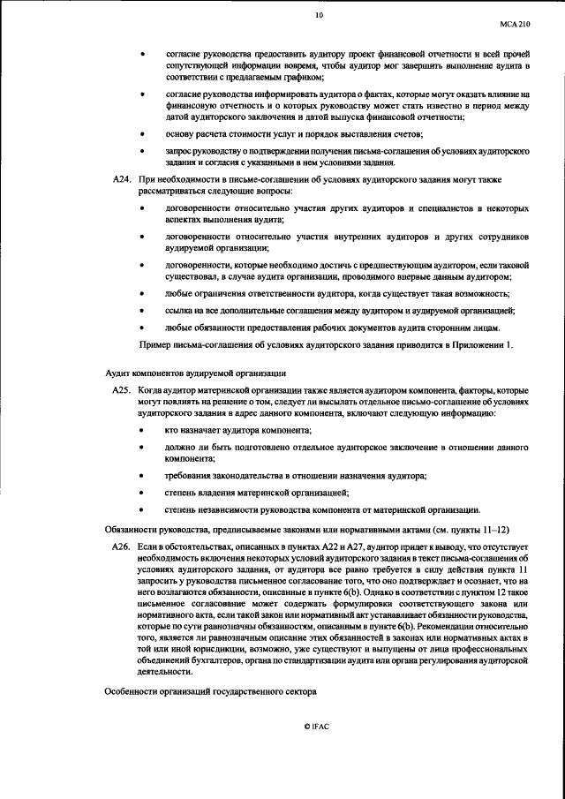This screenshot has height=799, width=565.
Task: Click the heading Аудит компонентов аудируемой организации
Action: click(x=182, y=372)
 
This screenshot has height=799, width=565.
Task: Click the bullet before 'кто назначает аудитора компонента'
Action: click(x=143, y=429)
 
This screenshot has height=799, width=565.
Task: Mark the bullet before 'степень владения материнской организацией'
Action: click(x=143, y=492)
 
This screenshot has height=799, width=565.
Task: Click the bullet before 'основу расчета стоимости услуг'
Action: click(x=143, y=134)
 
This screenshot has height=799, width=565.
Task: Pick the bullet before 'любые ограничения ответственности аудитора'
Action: click(x=143, y=293)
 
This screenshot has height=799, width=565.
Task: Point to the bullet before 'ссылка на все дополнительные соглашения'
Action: click(x=143, y=311)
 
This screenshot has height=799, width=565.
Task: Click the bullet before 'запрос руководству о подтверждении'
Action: click(x=143, y=152)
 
